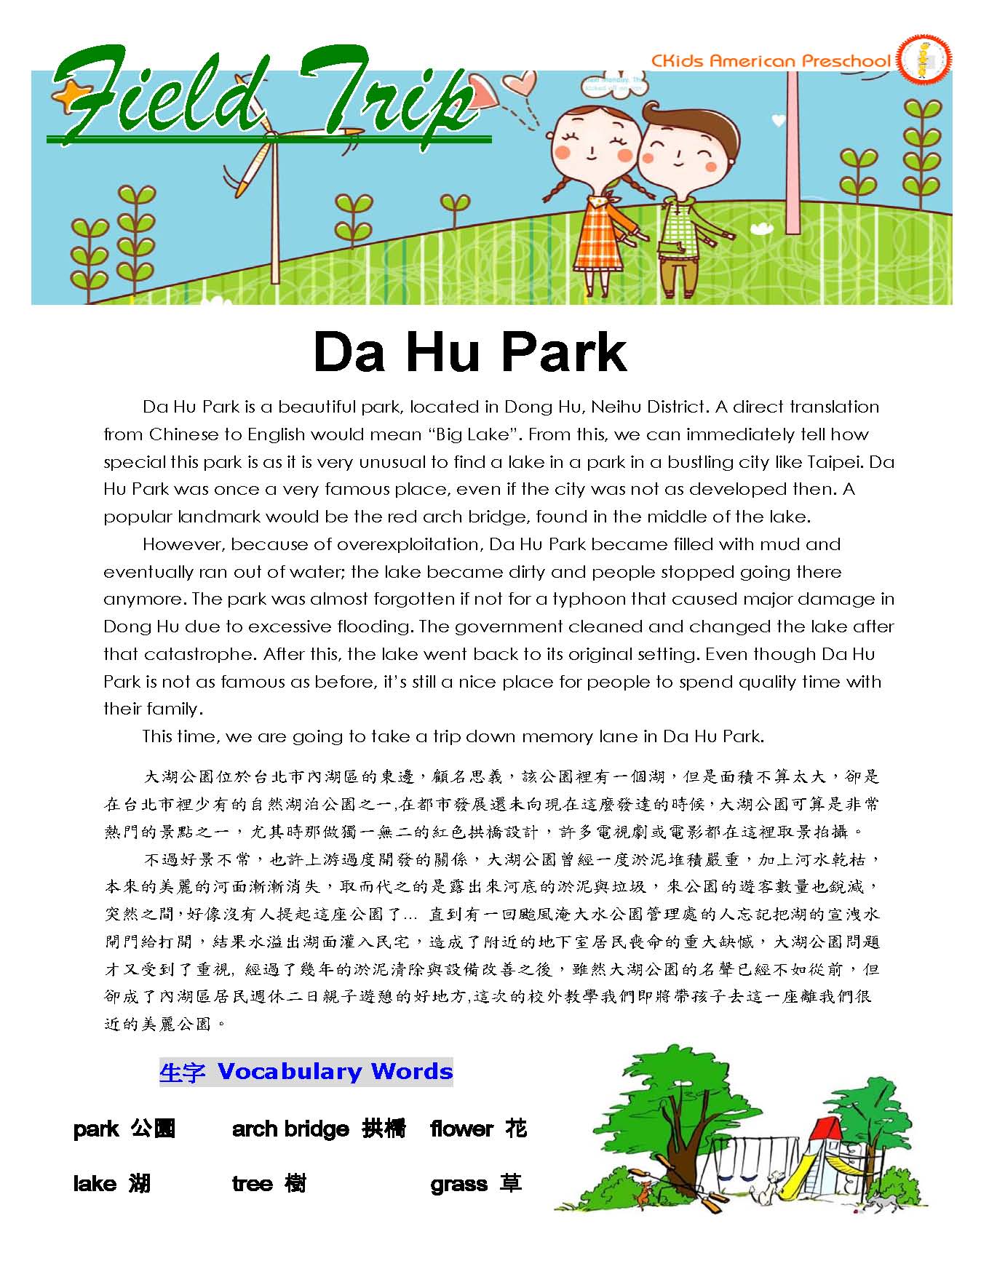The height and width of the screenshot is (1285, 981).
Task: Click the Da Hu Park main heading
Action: [x=469, y=352]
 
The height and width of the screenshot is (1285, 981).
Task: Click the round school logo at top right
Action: [x=924, y=60]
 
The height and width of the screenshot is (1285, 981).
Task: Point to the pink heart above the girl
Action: [x=521, y=83]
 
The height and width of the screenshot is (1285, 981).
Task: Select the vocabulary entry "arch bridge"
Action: [x=291, y=1129]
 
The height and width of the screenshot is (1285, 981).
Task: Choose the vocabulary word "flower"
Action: [x=461, y=1129]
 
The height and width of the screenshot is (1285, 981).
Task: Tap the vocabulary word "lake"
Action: [x=95, y=1184]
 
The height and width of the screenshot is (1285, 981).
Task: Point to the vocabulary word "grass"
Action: [x=458, y=1185]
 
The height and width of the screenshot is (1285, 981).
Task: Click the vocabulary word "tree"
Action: [x=252, y=1184]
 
